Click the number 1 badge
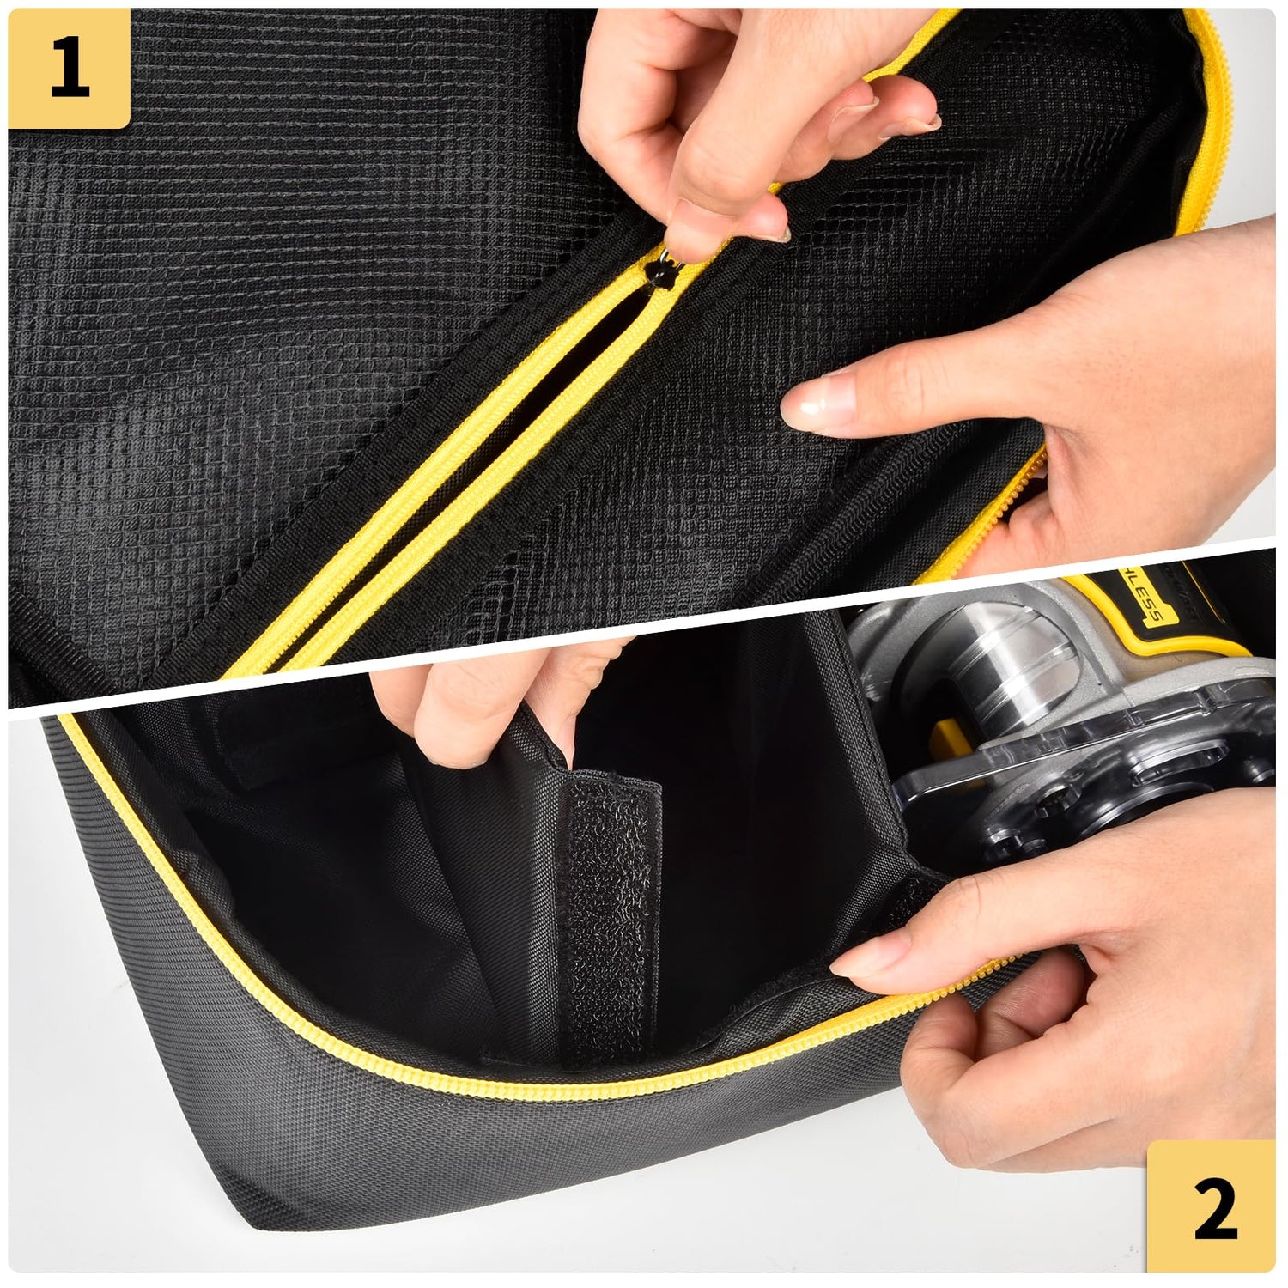point(69,69)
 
